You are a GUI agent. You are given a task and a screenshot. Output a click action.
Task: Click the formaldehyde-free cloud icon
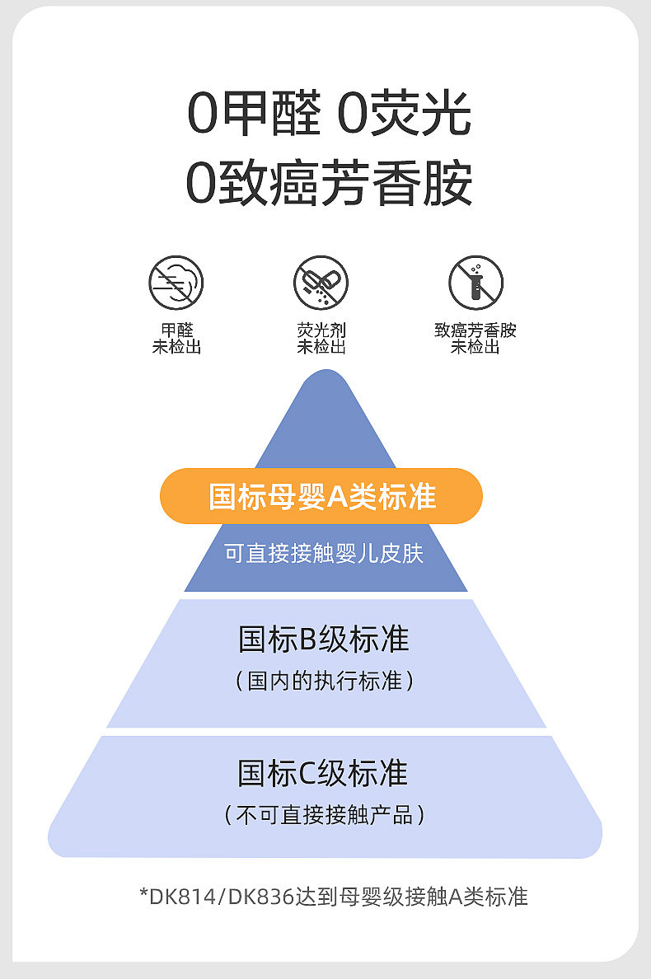(x=176, y=283)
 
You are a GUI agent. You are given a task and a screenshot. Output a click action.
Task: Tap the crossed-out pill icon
(x=321, y=283)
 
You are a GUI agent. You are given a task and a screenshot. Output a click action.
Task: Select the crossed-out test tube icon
(x=475, y=283)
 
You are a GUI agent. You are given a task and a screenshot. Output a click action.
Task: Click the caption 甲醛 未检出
(x=176, y=339)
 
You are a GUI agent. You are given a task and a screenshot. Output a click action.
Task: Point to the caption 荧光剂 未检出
(x=321, y=339)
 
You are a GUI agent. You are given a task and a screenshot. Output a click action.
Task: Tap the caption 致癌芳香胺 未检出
(x=475, y=339)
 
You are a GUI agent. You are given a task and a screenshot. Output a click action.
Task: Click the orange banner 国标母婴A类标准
(x=321, y=496)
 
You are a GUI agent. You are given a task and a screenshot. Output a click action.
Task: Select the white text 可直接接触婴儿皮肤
(x=324, y=553)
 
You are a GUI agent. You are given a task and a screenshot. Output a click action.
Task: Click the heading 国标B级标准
(x=324, y=639)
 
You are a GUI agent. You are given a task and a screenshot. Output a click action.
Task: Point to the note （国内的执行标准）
(x=324, y=682)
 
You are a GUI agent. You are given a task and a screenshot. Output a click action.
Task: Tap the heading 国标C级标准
(x=324, y=774)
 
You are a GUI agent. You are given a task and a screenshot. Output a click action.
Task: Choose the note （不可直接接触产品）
(x=324, y=816)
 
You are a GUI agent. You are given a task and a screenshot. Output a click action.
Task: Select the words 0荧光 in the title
(x=405, y=115)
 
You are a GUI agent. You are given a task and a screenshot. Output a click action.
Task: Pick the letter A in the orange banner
(x=338, y=497)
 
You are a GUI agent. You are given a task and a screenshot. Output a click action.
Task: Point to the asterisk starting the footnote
(x=143, y=895)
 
